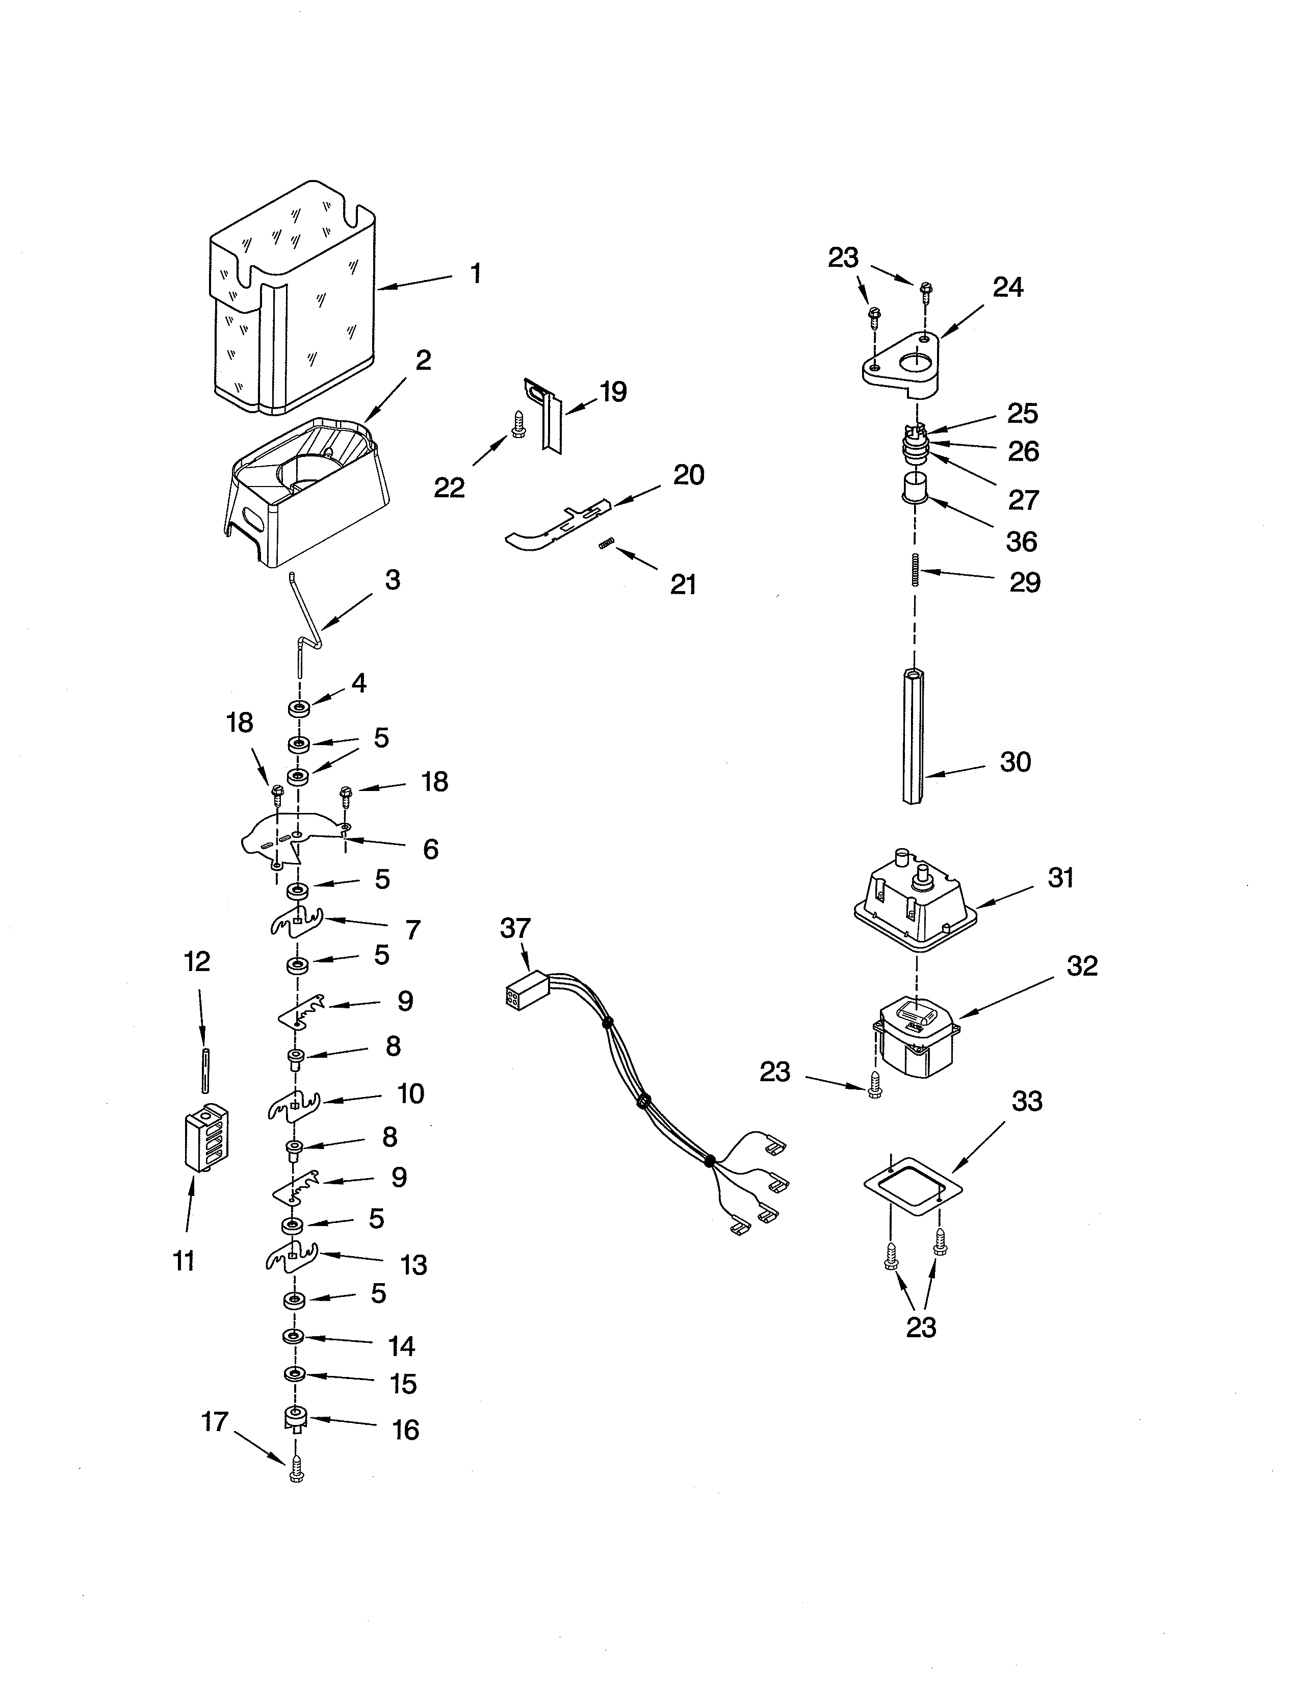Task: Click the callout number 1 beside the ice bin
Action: [x=476, y=273]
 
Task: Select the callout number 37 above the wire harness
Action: [x=515, y=929]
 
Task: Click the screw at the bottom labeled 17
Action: [x=297, y=1473]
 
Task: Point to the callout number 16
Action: [x=406, y=1430]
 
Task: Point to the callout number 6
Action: [x=430, y=849]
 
